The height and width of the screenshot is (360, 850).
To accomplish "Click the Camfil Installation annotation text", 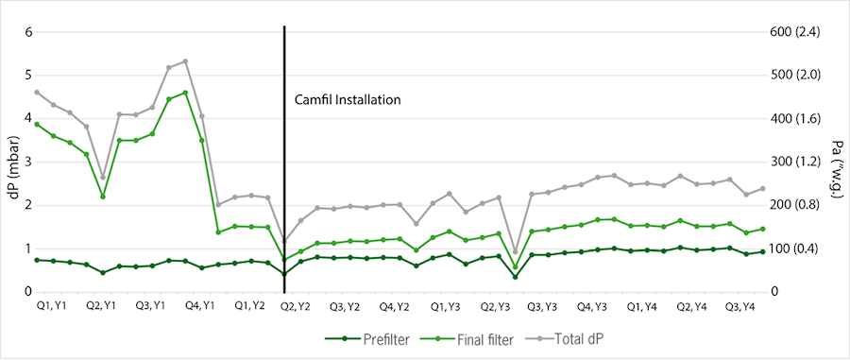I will tap(348, 99).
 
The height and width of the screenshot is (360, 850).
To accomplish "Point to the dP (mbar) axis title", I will tap(12, 163).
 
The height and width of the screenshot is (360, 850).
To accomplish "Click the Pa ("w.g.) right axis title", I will tap(836, 163).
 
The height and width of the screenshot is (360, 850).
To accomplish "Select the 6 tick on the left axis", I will tap(28, 31).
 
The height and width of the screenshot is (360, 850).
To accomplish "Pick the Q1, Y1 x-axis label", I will tap(52, 307).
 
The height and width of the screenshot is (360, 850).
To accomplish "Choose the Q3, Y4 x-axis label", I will tap(739, 307).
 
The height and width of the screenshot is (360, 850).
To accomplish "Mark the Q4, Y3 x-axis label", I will tap(591, 307).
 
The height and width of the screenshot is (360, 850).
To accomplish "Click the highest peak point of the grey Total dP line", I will tap(185, 61).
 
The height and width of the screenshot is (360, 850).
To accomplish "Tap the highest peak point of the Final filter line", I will tap(185, 93).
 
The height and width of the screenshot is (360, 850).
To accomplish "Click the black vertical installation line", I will tap(284, 170).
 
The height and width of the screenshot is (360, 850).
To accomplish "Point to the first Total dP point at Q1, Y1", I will tap(37, 93).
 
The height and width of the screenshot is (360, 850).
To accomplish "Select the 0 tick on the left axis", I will tap(28, 292).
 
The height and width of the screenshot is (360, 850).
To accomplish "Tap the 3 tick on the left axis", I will tap(28, 162).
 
